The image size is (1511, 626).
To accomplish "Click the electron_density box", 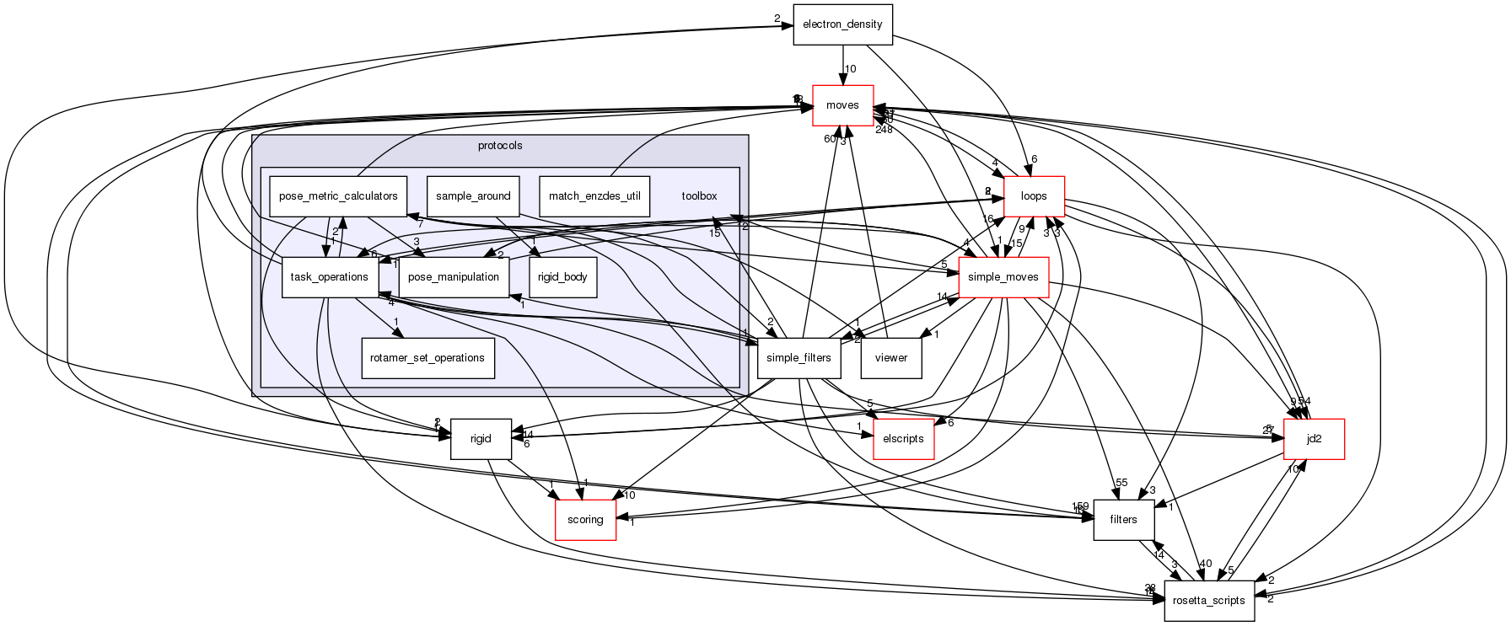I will (x=842, y=24).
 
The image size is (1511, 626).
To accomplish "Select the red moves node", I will (x=842, y=105).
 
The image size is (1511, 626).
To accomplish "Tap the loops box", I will (x=1034, y=196).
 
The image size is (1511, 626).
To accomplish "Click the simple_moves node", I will (x=1003, y=277).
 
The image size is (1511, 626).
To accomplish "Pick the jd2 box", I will (x=1313, y=439).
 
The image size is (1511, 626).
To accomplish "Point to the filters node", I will (x=1123, y=520).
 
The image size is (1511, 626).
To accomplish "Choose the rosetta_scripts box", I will (x=1209, y=601).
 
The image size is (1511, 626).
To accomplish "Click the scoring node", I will (x=585, y=520).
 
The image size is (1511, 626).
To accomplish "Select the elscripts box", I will (x=903, y=439).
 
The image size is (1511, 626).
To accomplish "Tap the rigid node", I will (x=481, y=439).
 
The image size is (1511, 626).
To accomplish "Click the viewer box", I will (x=890, y=358).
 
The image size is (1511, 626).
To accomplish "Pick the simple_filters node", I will (x=799, y=358).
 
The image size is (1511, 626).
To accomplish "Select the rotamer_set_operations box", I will (x=427, y=358).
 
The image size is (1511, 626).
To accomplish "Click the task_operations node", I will (x=329, y=277).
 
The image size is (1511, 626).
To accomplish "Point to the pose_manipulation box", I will (x=454, y=277).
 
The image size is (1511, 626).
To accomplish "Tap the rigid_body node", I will (x=562, y=277).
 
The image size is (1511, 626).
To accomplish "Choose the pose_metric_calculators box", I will (x=338, y=196).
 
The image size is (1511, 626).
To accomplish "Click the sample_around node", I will (x=473, y=196).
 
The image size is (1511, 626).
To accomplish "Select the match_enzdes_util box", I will (x=594, y=196).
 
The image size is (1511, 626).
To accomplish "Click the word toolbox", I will (x=699, y=196).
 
